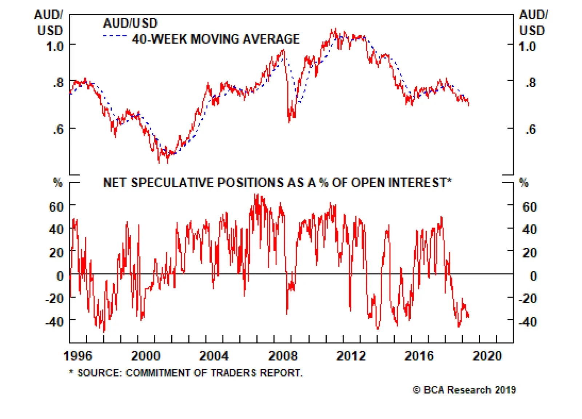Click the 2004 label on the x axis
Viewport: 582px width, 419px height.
pyautogui.click(x=214, y=356)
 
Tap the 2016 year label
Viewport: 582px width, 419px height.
pyautogui.click(x=419, y=356)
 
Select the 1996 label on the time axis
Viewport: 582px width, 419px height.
pyautogui.click(x=78, y=356)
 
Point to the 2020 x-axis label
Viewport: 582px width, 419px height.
pyautogui.click(x=487, y=356)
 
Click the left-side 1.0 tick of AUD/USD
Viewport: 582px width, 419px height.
pyautogui.click(x=55, y=47)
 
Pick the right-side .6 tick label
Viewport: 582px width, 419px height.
pyautogui.click(x=530, y=129)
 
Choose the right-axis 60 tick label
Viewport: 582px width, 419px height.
pyautogui.click(x=529, y=207)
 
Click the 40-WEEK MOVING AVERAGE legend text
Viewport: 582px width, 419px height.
pyautogui.click(x=216, y=39)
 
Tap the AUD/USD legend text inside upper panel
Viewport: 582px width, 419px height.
pyautogui.click(x=130, y=23)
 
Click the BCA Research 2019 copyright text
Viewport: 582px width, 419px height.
pyautogui.click(x=465, y=390)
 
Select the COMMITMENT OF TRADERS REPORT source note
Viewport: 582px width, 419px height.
pyautogui.click(x=190, y=373)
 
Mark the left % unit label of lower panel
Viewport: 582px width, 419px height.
pyautogui.click(x=58, y=183)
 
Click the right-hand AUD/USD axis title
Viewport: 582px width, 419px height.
pyautogui.click(x=533, y=23)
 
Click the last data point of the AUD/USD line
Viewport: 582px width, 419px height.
pyautogui.click(x=469, y=105)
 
